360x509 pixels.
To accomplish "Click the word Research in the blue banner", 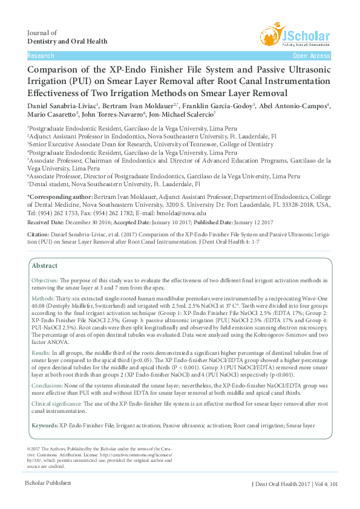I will click(x=41, y=56).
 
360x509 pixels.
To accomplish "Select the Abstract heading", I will click(x=45, y=265).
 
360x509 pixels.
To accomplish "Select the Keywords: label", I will click(x=45, y=426).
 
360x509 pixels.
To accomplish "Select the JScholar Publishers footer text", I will click(x=48, y=483).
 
